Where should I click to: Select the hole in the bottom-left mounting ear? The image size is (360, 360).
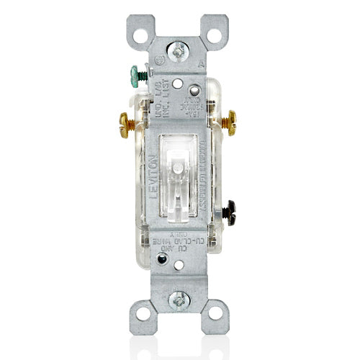coord(142,315)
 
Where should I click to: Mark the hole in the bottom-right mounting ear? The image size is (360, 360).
coord(215,315)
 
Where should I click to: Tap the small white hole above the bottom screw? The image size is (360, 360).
coord(179,266)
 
